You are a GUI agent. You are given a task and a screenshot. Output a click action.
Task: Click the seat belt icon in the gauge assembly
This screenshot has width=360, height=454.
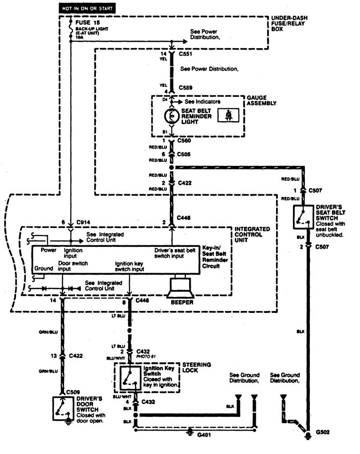(x=229, y=116)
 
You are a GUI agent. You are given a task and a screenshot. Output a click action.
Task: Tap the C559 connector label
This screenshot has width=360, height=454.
(x=185, y=88)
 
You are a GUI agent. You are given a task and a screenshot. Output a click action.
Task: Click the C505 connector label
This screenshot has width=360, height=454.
(x=185, y=154)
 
